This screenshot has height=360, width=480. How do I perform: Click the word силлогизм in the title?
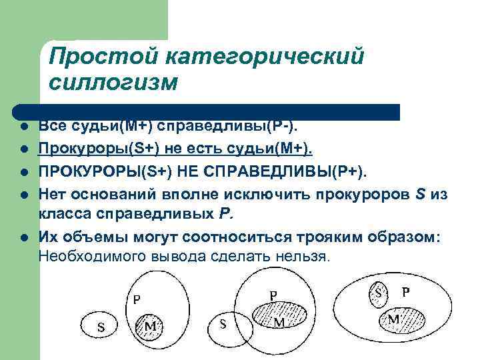tap(114, 83)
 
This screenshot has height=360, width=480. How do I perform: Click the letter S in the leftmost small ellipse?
tap(101, 327)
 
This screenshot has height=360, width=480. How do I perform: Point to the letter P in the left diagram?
tap(137, 300)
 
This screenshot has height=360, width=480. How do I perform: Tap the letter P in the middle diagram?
tap(273, 294)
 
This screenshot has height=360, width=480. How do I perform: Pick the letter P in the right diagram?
tap(405, 292)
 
